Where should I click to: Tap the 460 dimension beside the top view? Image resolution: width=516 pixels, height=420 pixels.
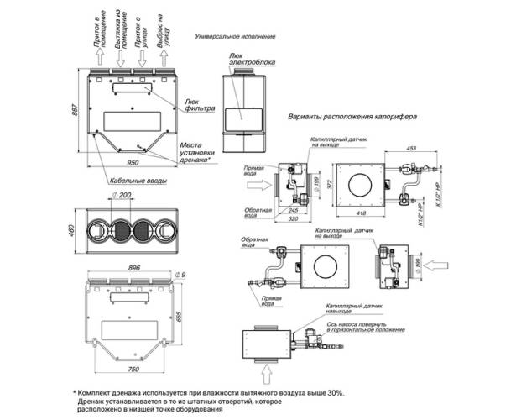coord(74,228)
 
